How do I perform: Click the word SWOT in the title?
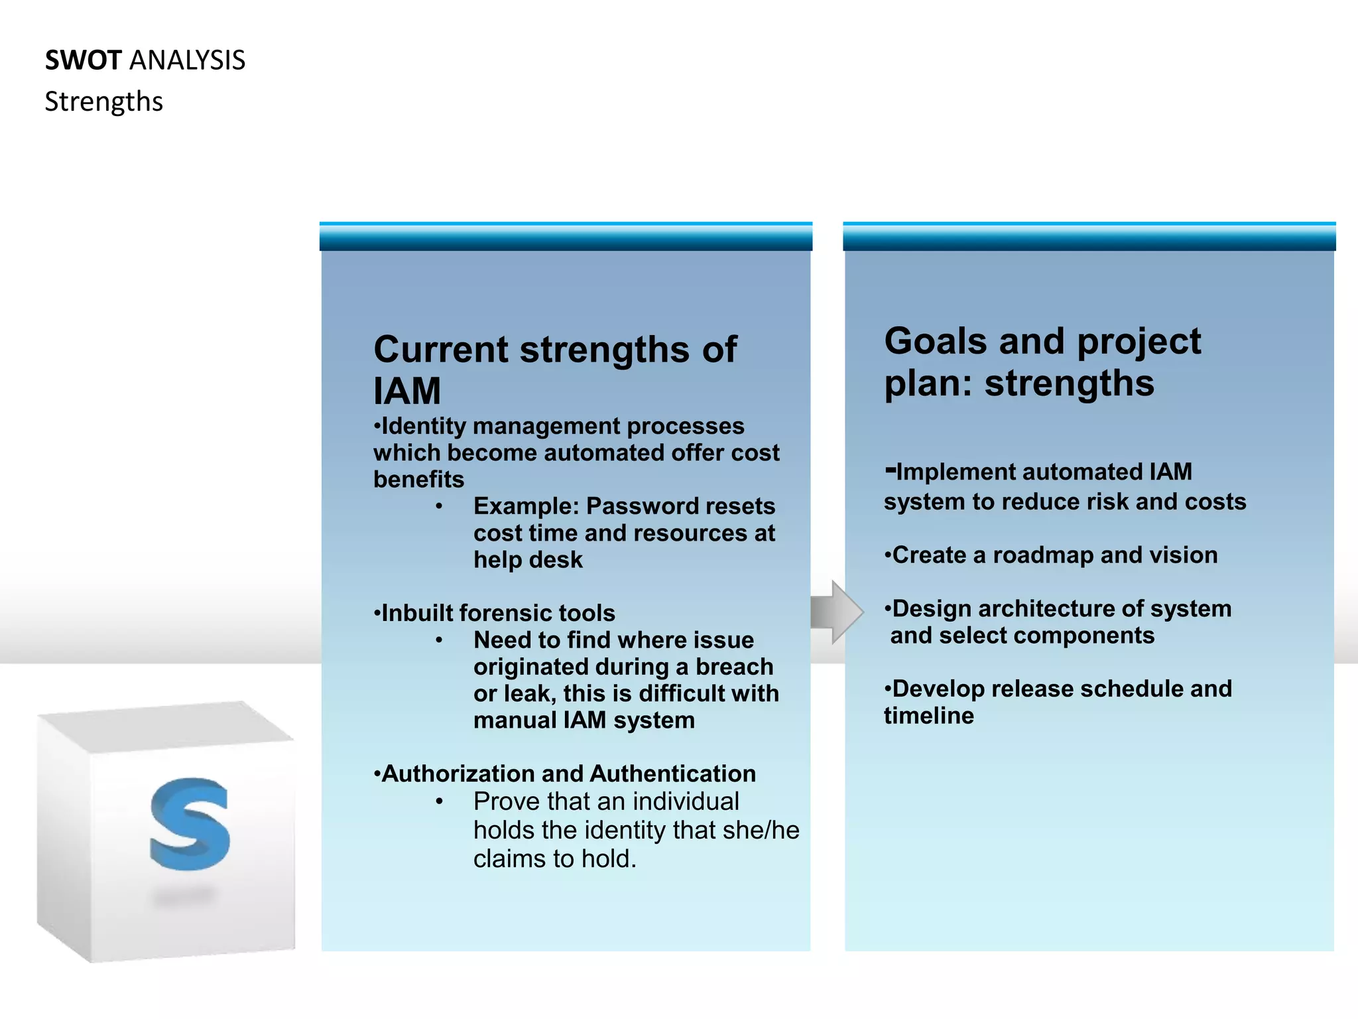pyautogui.click(x=83, y=60)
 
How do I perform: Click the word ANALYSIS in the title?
pyautogui.click(x=188, y=60)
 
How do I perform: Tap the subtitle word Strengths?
pyautogui.click(x=103, y=102)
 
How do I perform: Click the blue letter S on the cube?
pyautogui.click(x=190, y=825)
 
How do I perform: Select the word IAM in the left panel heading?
pyautogui.click(x=407, y=391)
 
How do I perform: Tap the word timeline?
pyautogui.click(x=929, y=716)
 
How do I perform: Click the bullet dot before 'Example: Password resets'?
pyautogui.click(x=439, y=507)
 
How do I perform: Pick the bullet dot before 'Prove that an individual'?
pyautogui.click(x=439, y=802)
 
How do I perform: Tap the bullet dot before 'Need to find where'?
pyautogui.click(x=439, y=641)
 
